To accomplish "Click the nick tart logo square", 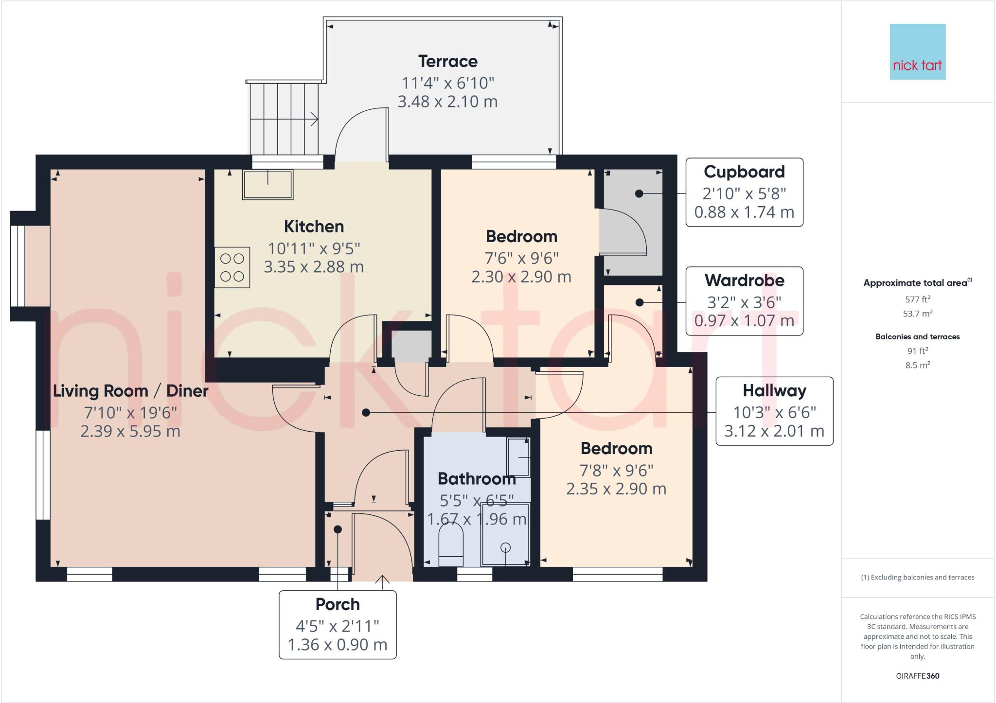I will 917,52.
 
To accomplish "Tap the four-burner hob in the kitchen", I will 232,267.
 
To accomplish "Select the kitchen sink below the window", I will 267,185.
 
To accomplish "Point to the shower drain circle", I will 506,548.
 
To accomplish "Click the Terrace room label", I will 447,62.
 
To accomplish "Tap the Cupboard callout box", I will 744,192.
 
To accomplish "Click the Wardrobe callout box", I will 744,300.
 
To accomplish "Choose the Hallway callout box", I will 774,411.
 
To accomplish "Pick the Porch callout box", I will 338,625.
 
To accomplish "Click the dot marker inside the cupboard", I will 639,193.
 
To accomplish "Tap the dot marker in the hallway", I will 366,413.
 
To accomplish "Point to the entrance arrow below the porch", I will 382,582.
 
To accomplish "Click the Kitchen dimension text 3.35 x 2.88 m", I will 314,267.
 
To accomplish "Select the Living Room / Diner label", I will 130,391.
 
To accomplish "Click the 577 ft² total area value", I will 917,300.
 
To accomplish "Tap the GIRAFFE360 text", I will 917,676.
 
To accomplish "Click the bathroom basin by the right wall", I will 518,457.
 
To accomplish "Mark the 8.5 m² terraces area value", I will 917,366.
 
